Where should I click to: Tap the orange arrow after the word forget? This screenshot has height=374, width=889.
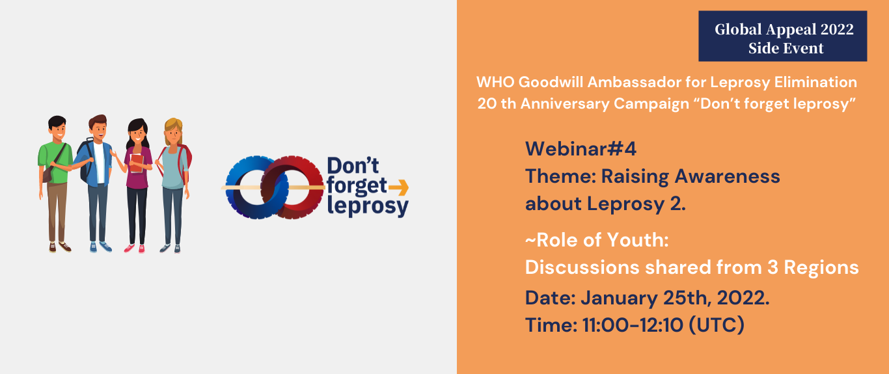(398, 187)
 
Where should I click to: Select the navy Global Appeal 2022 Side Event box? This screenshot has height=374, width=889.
(783, 36)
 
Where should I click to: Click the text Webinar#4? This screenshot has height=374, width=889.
(581, 149)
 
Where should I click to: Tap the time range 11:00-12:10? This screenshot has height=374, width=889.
(633, 325)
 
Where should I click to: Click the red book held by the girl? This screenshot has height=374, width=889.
(137, 163)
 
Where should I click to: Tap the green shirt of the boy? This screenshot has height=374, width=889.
(55, 162)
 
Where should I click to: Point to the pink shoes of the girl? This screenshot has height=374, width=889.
(134, 248)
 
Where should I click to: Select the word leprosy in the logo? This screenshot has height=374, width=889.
(368, 206)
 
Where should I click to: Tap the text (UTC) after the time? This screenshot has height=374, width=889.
(717, 325)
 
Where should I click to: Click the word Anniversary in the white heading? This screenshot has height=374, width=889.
(565, 104)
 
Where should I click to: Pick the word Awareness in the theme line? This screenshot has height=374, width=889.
(727, 176)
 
